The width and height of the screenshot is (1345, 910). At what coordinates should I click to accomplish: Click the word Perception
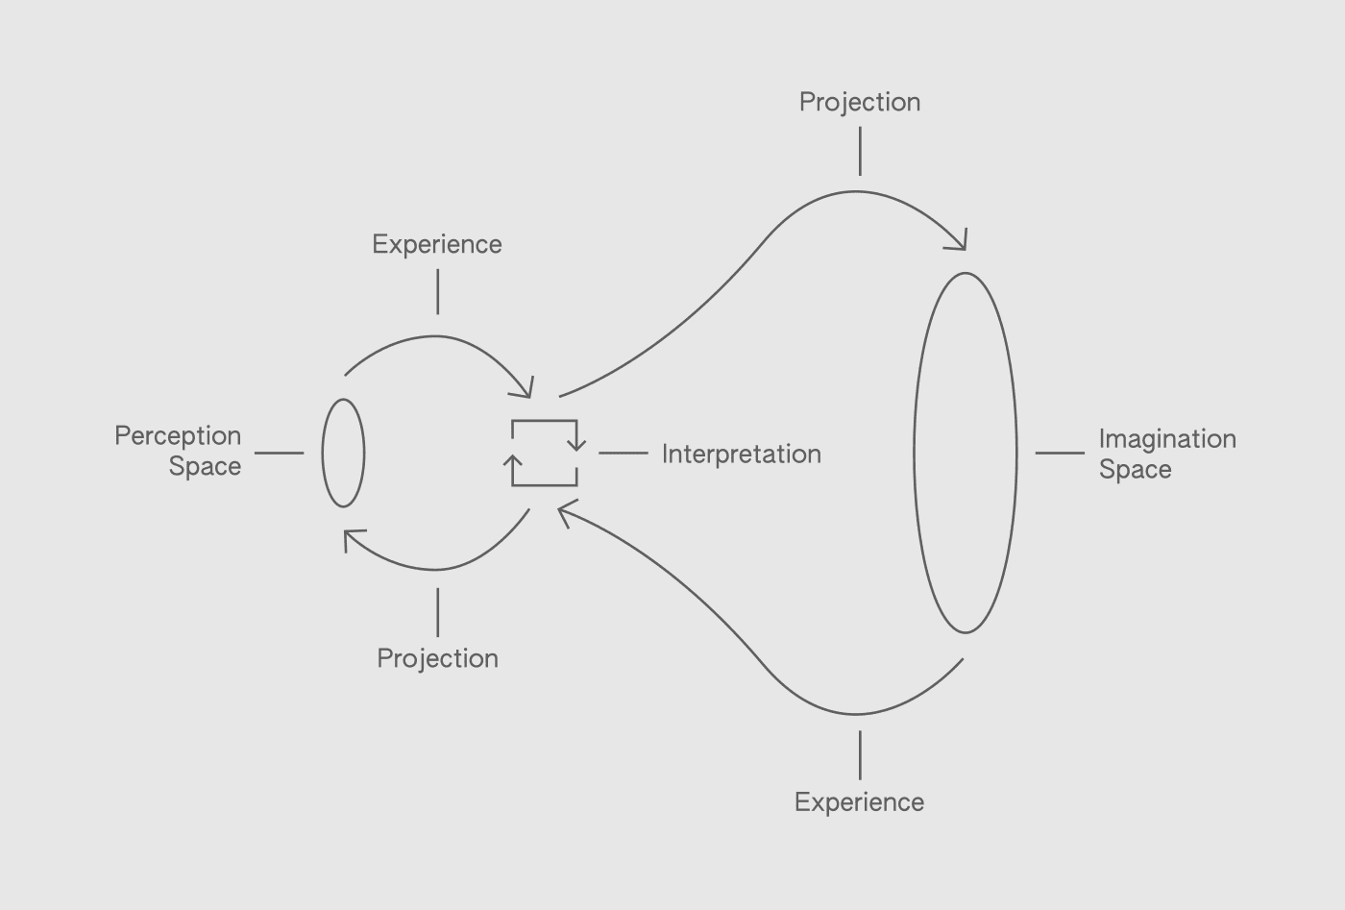pyautogui.click(x=178, y=436)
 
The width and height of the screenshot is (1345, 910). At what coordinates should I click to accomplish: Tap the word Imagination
pyautogui.click(x=1167, y=439)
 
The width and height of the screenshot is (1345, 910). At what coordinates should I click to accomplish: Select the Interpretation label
pyautogui.click(x=741, y=454)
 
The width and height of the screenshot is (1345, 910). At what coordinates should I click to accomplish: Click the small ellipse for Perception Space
pyautogui.click(x=343, y=453)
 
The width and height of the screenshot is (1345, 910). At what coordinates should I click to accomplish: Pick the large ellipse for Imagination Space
pyautogui.click(x=965, y=453)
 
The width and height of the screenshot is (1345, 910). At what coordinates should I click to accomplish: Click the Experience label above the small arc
pyautogui.click(x=437, y=244)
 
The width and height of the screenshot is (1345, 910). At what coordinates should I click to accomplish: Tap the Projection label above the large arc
pyautogui.click(x=860, y=102)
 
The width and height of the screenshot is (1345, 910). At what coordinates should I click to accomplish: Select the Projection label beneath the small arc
pyautogui.click(x=437, y=658)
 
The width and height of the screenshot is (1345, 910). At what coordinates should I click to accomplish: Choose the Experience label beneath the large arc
pyautogui.click(x=859, y=802)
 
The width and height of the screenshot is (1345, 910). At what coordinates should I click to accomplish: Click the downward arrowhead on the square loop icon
pyautogui.click(x=576, y=445)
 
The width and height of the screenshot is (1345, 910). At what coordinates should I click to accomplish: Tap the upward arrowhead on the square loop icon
pyautogui.click(x=512, y=461)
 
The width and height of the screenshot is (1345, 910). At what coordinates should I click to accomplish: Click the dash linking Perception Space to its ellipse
pyautogui.click(x=280, y=453)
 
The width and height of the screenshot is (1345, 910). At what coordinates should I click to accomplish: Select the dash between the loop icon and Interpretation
pyautogui.click(x=623, y=453)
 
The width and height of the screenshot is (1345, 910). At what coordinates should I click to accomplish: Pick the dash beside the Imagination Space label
pyautogui.click(x=1060, y=453)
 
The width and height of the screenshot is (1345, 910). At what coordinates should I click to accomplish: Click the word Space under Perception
pyautogui.click(x=205, y=467)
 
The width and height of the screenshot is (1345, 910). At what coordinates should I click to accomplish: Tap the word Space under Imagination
pyautogui.click(x=1135, y=470)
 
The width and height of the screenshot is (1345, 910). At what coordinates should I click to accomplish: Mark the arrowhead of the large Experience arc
pyautogui.click(x=564, y=512)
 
